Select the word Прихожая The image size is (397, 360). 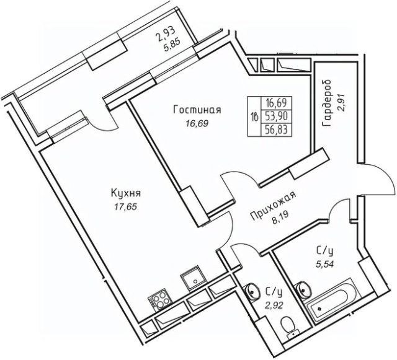273,207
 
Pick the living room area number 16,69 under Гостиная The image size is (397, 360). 197,123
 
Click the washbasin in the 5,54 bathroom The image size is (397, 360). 305,287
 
